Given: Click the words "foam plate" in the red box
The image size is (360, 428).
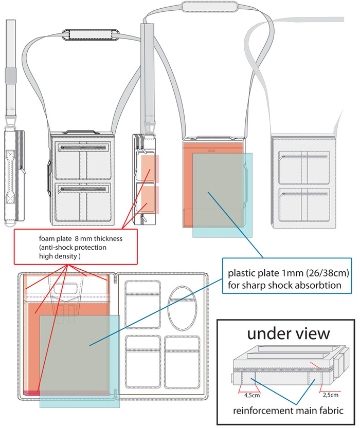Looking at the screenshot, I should point(55,238).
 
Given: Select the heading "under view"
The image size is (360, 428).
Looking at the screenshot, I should point(288,333).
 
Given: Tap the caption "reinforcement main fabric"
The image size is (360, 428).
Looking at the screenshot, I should point(286,411).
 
